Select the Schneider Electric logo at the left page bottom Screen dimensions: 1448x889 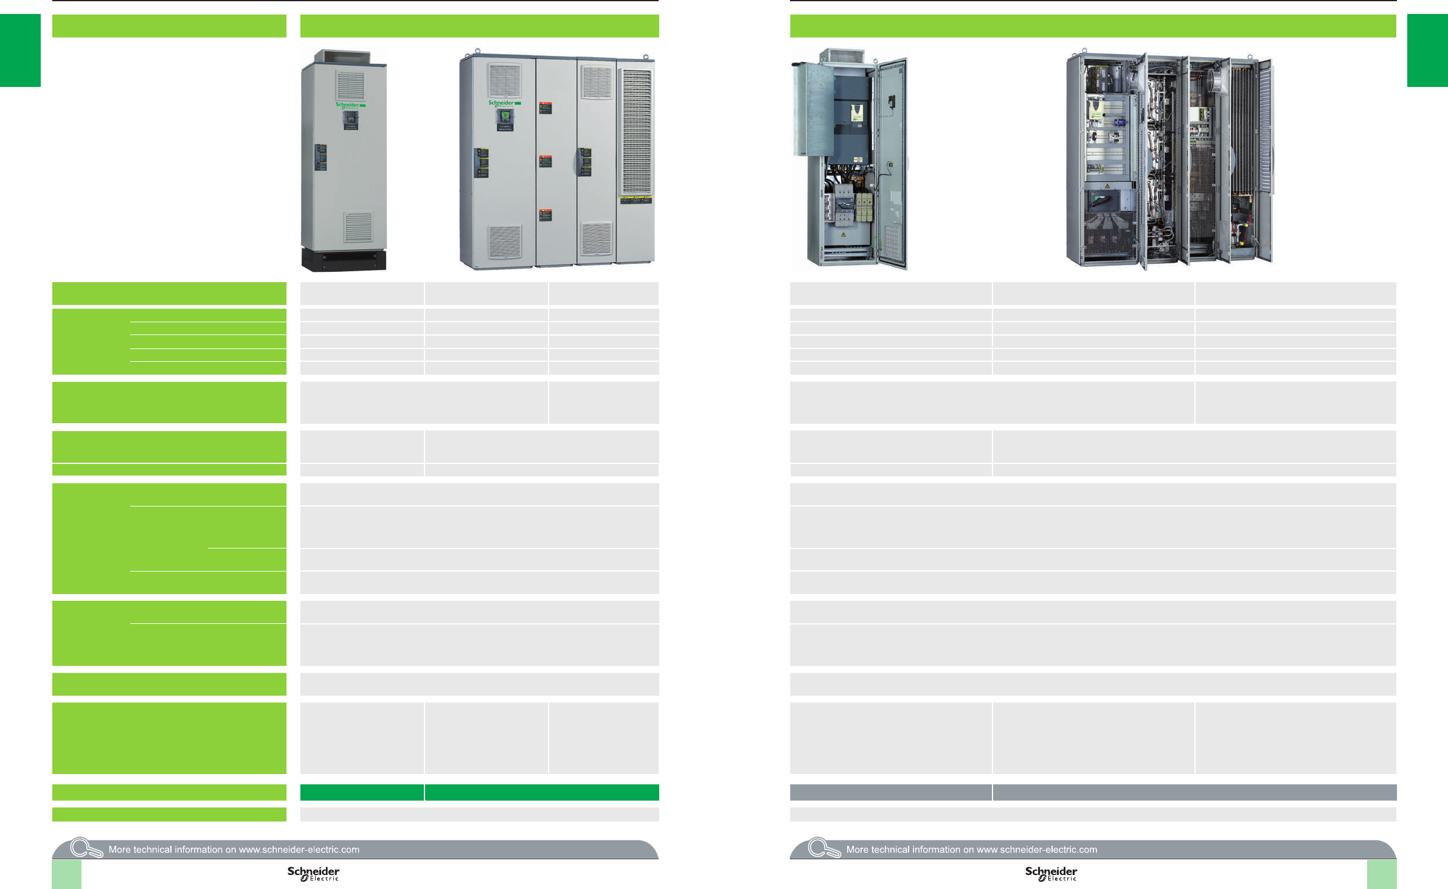pos(313,873)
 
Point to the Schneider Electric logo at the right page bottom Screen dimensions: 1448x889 pos(1051,873)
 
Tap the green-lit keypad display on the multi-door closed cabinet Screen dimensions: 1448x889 pos(505,115)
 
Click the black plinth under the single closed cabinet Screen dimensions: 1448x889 pos(344,260)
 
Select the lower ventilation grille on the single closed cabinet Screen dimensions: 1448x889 pos(358,227)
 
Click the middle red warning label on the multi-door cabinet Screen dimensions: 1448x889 pos(546,162)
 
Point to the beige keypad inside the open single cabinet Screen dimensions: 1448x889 pos(856,112)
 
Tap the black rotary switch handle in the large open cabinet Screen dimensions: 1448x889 pos(1102,199)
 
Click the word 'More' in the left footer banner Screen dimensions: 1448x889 pos(120,849)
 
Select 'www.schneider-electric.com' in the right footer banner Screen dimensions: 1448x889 pos(1037,849)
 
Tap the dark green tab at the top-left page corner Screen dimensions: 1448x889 pos(20,50)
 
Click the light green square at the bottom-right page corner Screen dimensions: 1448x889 pos(1382,874)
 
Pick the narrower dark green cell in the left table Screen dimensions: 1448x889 pos(362,792)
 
